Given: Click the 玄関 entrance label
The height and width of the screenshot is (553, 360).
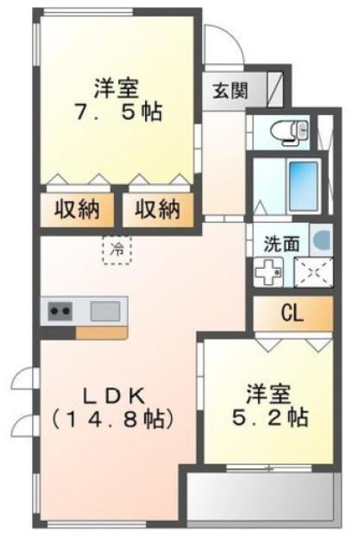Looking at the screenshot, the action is click(x=231, y=91).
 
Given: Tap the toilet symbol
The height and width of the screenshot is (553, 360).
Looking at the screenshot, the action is click(x=290, y=132).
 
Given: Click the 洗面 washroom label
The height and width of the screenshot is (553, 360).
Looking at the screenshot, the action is click(x=281, y=243).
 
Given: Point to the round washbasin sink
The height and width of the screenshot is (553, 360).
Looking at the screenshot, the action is click(x=323, y=239).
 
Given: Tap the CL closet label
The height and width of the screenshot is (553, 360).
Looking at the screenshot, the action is click(x=293, y=313).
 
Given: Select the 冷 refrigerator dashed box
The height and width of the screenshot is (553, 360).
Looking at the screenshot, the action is click(x=117, y=250).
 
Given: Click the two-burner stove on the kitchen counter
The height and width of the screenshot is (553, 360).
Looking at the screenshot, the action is click(x=60, y=311).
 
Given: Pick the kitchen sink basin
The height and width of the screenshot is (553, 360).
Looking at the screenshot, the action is click(x=105, y=311).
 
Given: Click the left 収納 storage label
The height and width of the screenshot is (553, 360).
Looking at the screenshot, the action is click(x=77, y=210).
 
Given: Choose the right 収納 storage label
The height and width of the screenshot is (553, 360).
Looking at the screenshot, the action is click(x=158, y=210).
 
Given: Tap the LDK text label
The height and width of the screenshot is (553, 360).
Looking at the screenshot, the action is click(x=113, y=397).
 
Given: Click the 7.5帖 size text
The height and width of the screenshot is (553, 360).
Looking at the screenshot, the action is click(x=117, y=112).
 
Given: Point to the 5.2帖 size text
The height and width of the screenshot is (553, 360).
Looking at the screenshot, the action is click(x=270, y=418).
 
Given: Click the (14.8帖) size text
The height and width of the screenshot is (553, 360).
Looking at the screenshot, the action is click(x=113, y=419).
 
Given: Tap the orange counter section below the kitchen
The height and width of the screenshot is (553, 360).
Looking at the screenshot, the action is click(x=102, y=333).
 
